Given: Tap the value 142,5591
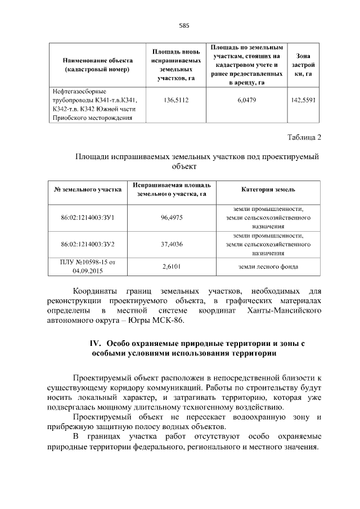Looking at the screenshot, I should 303,100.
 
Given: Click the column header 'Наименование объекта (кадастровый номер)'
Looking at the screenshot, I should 97,65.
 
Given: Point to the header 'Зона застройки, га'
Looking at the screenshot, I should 303,65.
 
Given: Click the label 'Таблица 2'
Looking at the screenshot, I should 304,137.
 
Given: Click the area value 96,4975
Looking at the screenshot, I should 172,217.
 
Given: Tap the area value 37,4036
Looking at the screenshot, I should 172,245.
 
